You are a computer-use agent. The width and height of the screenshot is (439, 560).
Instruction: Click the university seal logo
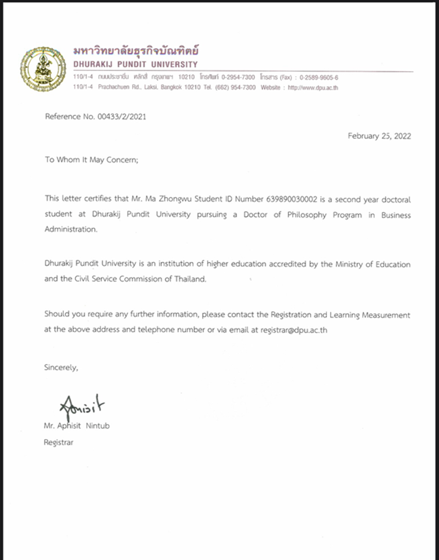pyautogui.click(x=43, y=69)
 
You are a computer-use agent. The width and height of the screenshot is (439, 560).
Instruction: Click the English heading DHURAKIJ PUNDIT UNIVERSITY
pyautogui.click(x=136, y=65)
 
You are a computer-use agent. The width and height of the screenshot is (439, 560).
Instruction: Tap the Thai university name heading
pyautogui.click(x=136, y=51)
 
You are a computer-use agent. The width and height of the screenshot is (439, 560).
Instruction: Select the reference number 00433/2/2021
pyautogui.click(x=122, y=117)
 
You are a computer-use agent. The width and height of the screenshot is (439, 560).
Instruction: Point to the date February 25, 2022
pyautogui.click(x=379, y=136)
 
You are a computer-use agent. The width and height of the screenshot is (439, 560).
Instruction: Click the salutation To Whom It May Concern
pyautogui.click(x=91, y=160)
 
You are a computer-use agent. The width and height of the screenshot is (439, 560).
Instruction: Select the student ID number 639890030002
pyautogui.click(x=291, y=199)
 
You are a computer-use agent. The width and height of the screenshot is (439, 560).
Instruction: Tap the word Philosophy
pyautogui.click(x=307, y=215)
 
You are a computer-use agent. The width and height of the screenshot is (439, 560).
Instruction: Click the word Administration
pyautogui.click(x=71, y=229)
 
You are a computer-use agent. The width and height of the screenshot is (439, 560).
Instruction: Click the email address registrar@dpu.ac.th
pyautogui.click(x=293, y=330)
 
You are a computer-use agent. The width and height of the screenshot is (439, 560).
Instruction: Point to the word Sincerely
pyautogui.click(x=61, y=367)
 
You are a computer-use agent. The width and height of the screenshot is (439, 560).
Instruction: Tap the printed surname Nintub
pyautogui.click(x=98, y=426)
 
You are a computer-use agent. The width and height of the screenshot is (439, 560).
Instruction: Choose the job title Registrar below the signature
pyautogui.click(x=58, y=442)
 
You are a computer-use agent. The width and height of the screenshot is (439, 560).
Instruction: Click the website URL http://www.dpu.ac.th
pyautogui.click(x=313, y=88)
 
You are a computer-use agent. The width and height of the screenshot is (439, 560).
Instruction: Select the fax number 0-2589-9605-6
pyautogui.click(x=319, y=77)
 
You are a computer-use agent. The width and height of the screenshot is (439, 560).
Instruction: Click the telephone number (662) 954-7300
pyautogui.click(x=235, y=87)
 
